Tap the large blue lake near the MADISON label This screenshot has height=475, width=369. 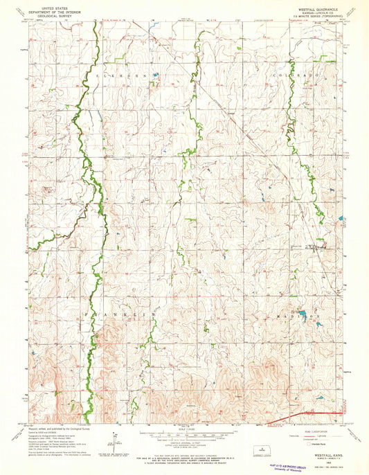[303, 316]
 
